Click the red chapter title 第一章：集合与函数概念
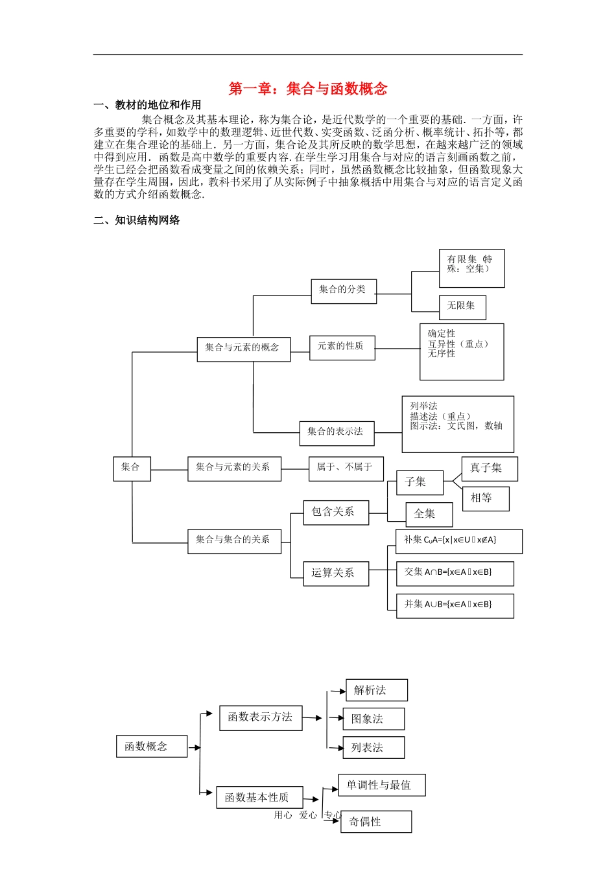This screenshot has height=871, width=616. [308, 89]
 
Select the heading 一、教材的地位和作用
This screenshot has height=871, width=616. [147, 105]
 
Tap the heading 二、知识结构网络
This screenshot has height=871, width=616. [137, 220]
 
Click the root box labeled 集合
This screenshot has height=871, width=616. [132, 467]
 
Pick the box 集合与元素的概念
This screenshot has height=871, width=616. [243, 348]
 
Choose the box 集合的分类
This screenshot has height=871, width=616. [343, 290]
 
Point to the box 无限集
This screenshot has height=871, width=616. [462, 307]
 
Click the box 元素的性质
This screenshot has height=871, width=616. [342, 347]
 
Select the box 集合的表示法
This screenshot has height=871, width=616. [336, 432]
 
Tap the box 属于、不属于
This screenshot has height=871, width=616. [345, 467]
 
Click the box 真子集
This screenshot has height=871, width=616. [489, 468]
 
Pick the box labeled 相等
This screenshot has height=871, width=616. [485, 498]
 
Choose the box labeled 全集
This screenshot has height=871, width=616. [428, 514]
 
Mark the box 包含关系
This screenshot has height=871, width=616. [335, 512]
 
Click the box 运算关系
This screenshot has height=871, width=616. [335, 573]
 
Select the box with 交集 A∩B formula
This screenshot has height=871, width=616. [455, 573]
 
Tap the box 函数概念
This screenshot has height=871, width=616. [151, 747]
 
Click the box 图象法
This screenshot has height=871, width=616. [373, 719]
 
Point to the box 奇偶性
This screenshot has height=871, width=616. [375, 822]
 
